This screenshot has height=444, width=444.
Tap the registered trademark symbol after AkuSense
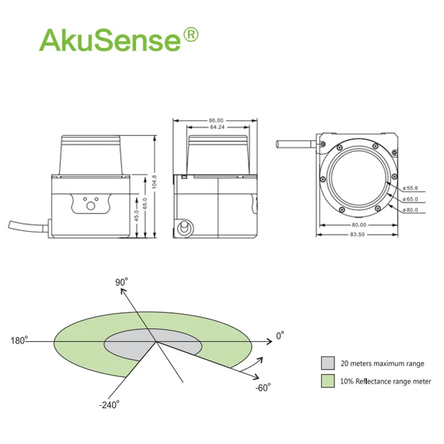click(x=190, y=35)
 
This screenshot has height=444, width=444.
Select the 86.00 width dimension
click(x=216, y=121)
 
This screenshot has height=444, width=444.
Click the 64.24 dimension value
click(x=216, y=128)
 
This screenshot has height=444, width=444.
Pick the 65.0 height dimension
click(x=145, y=205)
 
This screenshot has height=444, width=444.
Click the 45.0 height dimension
click(x=137, y=216)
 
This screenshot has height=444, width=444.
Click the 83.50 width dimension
click(x=357, y=234)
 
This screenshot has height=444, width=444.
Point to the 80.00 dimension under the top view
click(x=357, y=225)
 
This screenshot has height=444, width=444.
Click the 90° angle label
click(x=122, y=282)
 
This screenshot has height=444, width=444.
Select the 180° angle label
click(x=19, y=341)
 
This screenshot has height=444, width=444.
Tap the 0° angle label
click(x=280, y=336)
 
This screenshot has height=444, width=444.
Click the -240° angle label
click(x=110, y=404)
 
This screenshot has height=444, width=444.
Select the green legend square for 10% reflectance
click(x=327, y=381)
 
